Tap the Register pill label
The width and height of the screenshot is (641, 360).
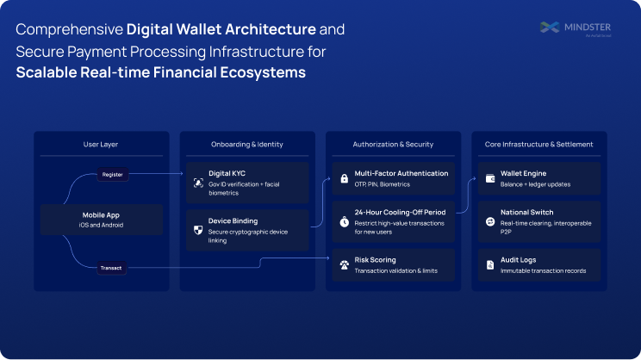(x=112, y=174)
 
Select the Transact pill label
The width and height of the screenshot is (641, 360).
(x=112, y=268)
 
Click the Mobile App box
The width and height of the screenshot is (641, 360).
(x=102, y=220)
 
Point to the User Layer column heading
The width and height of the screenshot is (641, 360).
(x=101, y=144)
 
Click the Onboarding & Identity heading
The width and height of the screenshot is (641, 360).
(x=246, y=144)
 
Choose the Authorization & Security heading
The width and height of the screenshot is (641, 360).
(x=393, y=144)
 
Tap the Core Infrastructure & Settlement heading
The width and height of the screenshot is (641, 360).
(x=538, y=144)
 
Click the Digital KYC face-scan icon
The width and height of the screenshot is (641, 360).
(x=197, y=183)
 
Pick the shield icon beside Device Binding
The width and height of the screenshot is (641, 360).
(x=197, y=230)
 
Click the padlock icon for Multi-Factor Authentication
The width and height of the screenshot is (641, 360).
(x=344, y=178)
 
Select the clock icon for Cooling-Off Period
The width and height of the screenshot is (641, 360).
(x=344, y=221)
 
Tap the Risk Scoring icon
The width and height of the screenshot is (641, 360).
(x=344, y=264)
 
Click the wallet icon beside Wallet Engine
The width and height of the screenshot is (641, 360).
(x=489, y=178)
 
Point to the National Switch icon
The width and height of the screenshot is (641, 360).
(x=489, y=221)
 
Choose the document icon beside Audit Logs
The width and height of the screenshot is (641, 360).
(x=489, y=264)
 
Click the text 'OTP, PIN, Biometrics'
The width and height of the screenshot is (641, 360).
(x=383, y=184)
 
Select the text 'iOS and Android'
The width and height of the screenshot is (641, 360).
(x=102, y=225)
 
